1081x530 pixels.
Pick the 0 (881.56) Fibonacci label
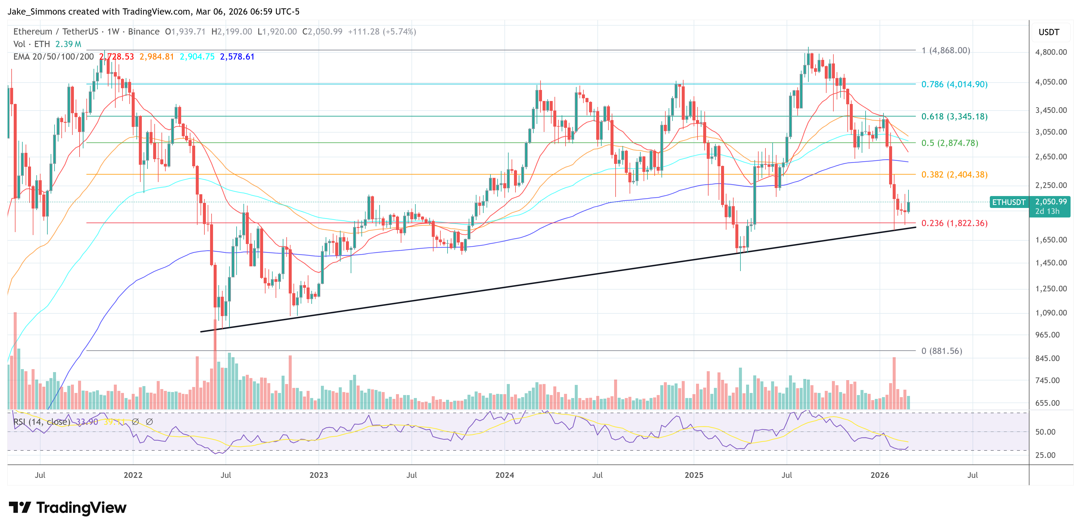tap(941, 351)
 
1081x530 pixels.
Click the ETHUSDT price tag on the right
tap(1008, 202)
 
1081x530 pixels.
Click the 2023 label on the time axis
tap(319, 475)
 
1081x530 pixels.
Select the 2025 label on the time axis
tap(694, 475)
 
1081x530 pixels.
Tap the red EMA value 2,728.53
tap(117, 57)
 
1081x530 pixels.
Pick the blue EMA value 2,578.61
tap(237, 57)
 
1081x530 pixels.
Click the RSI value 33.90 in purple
tap(87, 422)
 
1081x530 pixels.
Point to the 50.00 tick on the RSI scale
tap(1045, 432)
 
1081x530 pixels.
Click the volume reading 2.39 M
tap(68, 44)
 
